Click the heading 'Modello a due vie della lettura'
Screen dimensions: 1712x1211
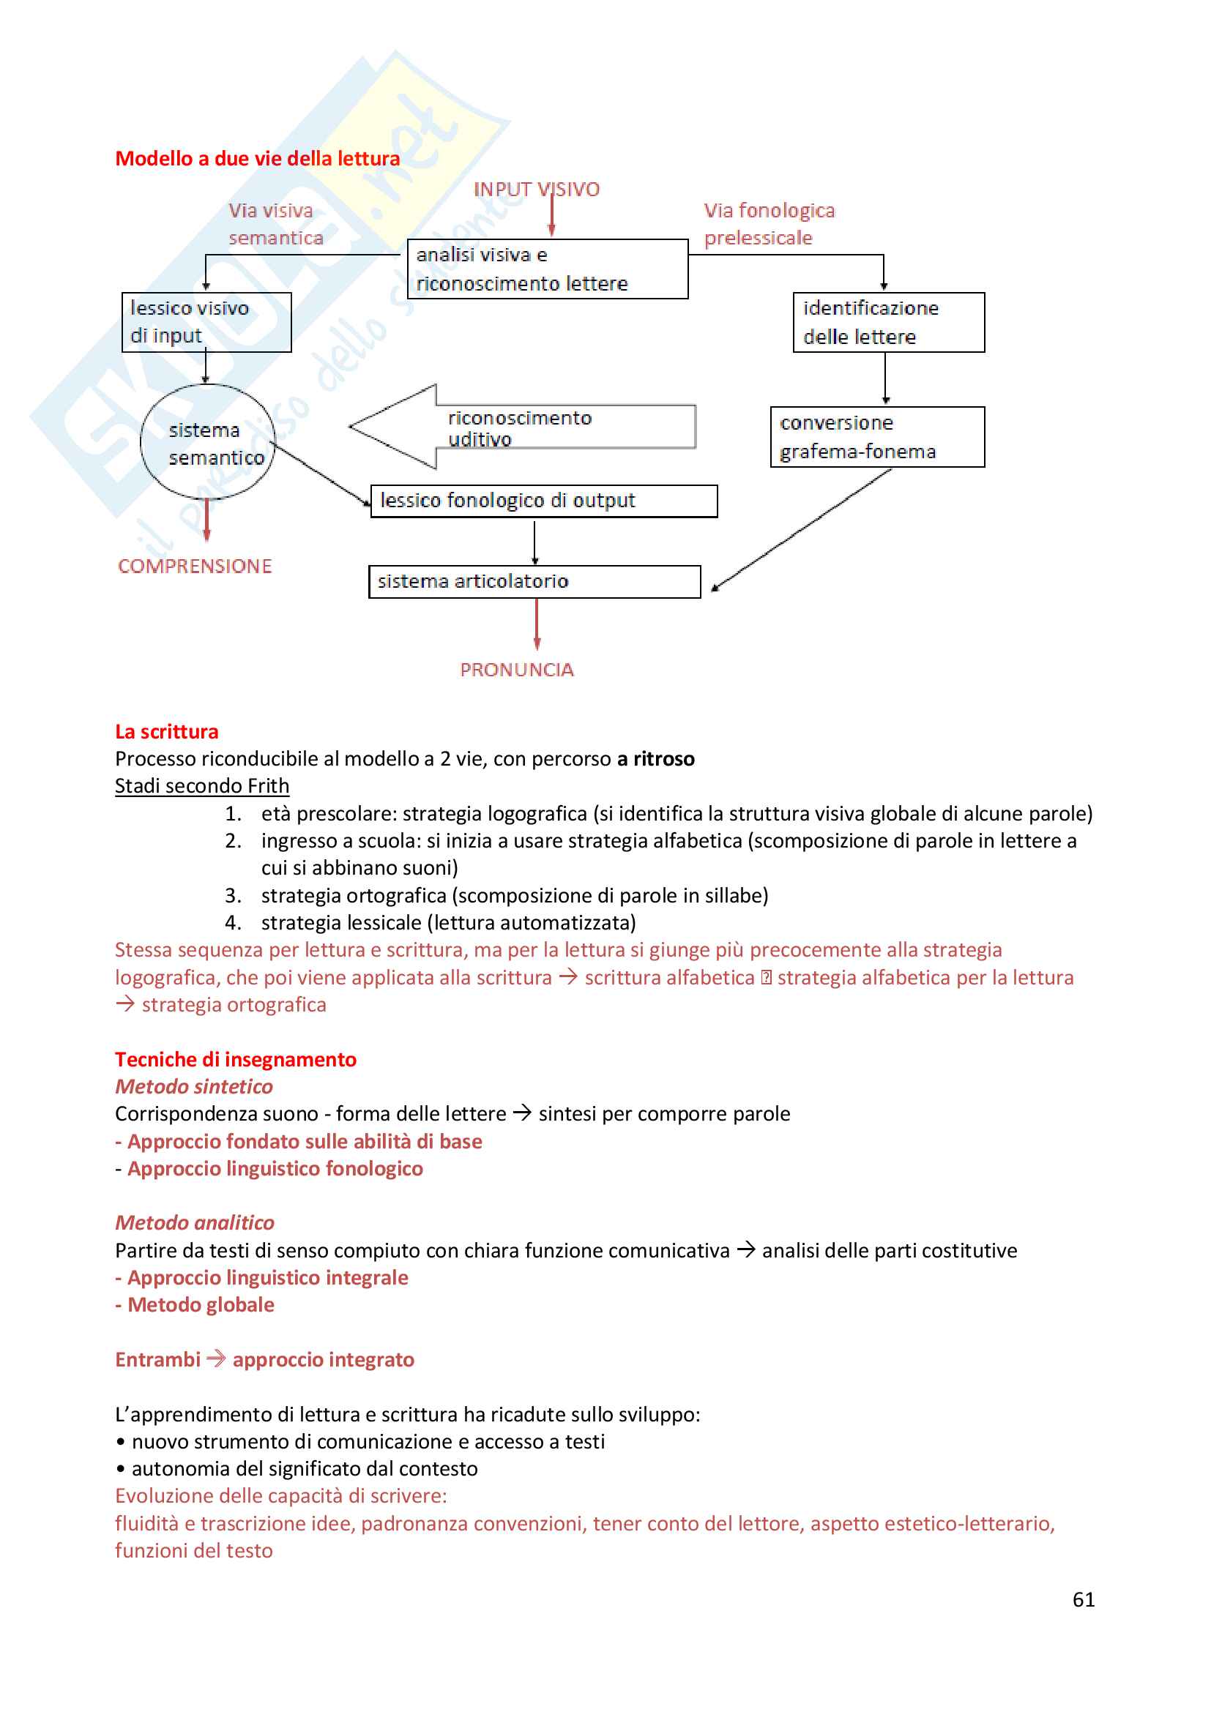pos(257,159)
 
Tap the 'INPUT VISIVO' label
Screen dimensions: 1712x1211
pos(536,190)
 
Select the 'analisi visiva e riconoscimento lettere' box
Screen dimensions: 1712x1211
pos(548,269)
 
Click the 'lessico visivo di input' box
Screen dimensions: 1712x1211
pos(206,322)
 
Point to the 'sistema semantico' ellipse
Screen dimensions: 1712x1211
pos(208,442)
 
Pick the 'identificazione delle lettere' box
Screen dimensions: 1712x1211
pos(888,322)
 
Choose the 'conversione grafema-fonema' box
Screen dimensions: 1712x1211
pos(877,437)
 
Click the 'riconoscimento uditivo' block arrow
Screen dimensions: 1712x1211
pos(522,427)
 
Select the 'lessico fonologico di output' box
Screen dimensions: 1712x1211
pos(543,501)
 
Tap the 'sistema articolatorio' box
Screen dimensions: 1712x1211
pos(534,582)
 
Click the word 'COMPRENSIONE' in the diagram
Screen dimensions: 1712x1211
pos(195,567)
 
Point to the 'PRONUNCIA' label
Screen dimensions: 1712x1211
pos(517,670)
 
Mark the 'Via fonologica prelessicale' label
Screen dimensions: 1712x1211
pos(769,224)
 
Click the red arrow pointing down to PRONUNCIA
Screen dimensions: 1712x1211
pos(537,625)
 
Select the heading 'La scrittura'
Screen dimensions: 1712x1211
pos(166,731)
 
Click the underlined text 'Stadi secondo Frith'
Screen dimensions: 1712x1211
pos(202,786)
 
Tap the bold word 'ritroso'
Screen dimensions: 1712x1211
pos(663,759)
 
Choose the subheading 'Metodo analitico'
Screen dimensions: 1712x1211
pos(195,1223)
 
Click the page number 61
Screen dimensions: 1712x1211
pos(1084,1599)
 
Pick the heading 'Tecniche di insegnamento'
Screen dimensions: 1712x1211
pos(236,1060)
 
